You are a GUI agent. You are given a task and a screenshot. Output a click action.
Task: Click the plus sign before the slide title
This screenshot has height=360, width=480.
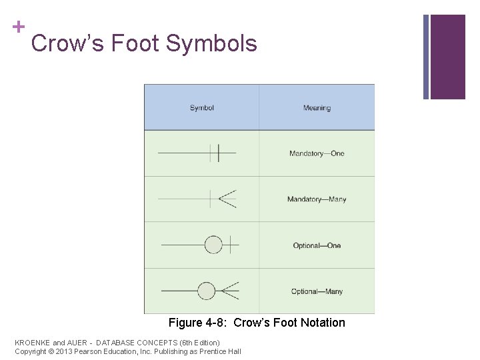[x=19, y=27]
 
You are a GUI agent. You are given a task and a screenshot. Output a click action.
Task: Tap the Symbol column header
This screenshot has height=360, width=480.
[x=201, y=108]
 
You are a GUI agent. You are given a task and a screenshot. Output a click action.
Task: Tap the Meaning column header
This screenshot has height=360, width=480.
[x=317, y=108]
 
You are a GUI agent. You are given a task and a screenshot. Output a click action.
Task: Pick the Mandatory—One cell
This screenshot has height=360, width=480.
[x=317, y=153]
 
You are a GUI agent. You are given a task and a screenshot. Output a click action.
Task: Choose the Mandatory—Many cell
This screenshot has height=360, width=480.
[x=317, y=199]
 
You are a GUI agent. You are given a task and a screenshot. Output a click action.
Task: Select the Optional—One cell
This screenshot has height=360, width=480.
[x=317, y=245]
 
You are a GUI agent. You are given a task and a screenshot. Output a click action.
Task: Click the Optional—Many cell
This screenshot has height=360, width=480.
[x=317, y=291]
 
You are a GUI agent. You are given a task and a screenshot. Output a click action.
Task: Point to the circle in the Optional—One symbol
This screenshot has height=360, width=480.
[x=213, y=245]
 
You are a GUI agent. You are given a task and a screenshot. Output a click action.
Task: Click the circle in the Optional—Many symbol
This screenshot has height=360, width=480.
[x=207, y=291]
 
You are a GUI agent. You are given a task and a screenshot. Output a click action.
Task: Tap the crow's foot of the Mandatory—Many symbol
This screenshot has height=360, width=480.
[x=227, y=199]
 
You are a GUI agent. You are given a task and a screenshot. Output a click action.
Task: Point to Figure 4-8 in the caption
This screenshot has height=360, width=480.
[x=195, y=323]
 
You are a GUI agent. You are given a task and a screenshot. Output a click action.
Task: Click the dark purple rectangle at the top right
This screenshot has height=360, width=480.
[x=447, y=57]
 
